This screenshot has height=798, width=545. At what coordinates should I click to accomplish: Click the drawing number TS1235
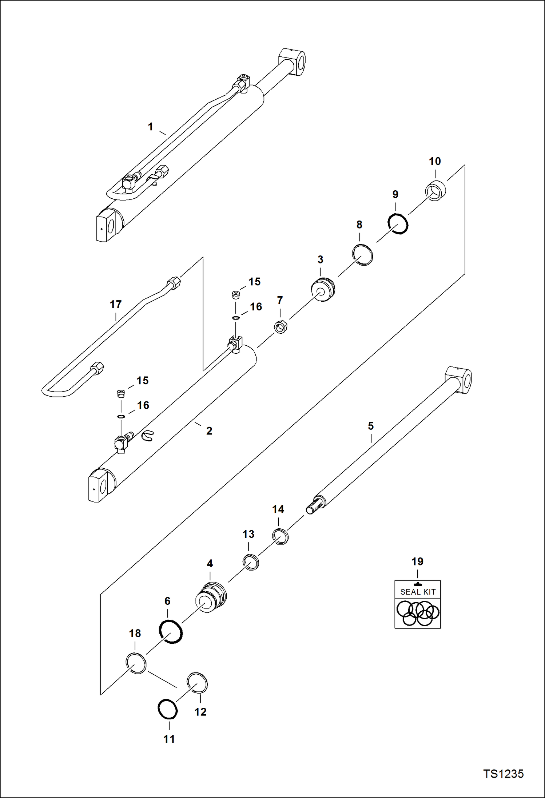click(503, 774)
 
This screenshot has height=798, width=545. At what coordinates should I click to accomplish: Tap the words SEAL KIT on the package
click(418, 592)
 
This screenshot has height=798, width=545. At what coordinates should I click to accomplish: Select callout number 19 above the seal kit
click(417, 561)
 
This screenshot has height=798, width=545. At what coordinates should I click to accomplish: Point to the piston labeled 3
click(323, 289)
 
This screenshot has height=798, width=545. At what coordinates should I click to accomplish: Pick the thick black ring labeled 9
click(398, 223)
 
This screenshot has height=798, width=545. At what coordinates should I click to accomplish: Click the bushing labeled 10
click(435, 190)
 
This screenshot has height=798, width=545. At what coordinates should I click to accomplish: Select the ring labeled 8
click(362, 255)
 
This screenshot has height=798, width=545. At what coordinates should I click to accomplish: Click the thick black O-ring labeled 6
click(171, 632)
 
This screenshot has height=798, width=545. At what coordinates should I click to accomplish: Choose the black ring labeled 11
click(168, 709)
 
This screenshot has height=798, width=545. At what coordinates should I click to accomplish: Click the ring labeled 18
click(136, 663)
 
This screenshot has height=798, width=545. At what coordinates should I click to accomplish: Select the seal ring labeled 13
click(251, 562)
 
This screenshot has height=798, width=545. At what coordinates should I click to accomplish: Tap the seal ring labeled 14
click(280, 536)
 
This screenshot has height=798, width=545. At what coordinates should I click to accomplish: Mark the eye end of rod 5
click(459, 380)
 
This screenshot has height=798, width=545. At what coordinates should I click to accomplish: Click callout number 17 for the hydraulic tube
click(116, 304)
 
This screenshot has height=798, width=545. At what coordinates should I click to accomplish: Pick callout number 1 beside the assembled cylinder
click(151, 127)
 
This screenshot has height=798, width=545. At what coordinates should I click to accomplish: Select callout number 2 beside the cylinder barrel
click(209, 431)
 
